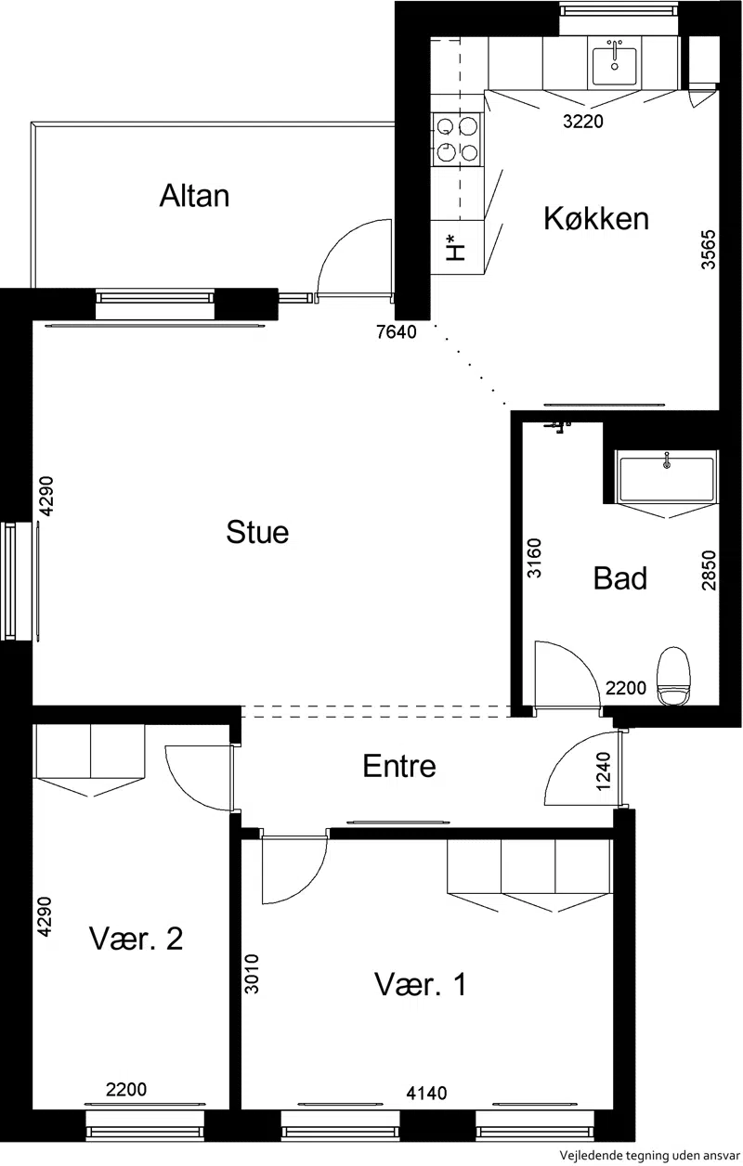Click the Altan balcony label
tap(194, 196)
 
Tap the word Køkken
tap(596, 219)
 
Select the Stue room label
tap(257, 532)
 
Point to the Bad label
tap(620, 577)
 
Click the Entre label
tap(399, 766)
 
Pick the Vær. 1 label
tap(420, 984)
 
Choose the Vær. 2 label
tap(137, 939)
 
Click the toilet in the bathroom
tap(673, 676)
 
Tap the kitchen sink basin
tap(615, 66)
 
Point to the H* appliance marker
tap(455, 248)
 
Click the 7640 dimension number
tap(397, 332)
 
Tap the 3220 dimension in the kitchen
tap(583, 122)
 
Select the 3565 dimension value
tap(709, 250)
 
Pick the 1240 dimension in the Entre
tap(604, 771)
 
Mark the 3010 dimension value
tap(252, 974)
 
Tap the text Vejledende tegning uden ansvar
tap(650, 1155)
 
